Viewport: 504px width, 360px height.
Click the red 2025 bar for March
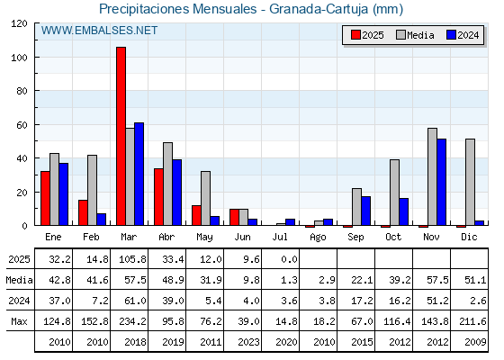click(x=121, y=136)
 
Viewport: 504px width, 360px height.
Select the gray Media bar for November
click(x=432, y=176)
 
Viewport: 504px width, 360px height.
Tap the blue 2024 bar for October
click(x=404, y=211)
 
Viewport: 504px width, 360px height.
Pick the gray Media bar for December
click(x=470, y=182)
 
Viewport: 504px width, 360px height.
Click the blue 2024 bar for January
click(x=64, y=194)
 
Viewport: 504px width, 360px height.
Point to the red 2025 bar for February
click(x=83, y=212)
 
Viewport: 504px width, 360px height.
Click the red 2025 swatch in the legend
click(x=355, y=35)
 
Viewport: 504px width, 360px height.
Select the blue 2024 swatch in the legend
click(x=451, y=35)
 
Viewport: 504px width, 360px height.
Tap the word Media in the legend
click(x=420, y=35)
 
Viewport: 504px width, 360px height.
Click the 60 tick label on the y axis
click(x=22, y=125)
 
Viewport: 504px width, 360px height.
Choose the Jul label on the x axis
click(x=280, y=237)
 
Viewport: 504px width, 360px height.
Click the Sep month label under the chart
click(x=355, y=238)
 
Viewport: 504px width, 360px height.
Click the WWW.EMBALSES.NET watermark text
click(x=99, y=31)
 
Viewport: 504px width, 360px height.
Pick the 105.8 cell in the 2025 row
click(x=133, y=259)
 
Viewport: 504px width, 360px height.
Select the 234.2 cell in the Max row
click(x=133, y=321)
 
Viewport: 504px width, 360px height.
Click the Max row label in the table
click(x=19, y=321)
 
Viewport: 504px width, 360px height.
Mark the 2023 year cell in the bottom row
click(x=248, y=342)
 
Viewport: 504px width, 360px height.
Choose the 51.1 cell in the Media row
click(x=475, y=280)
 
